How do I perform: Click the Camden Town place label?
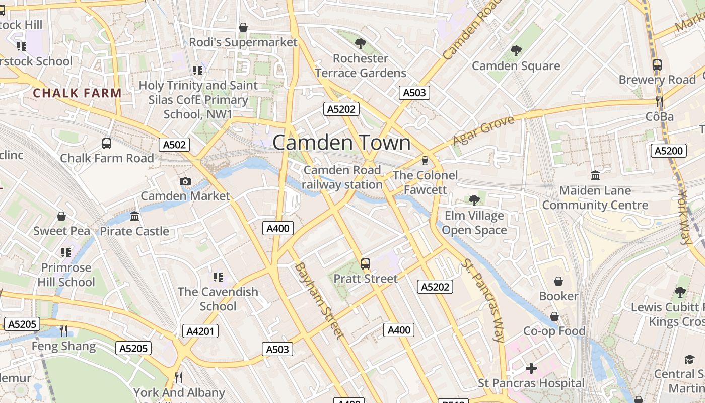pyautogui.click(x=341, y=143)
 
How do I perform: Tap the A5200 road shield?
pyautogui.click(x=669, y=151)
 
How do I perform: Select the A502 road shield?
pyautogui.click(x=175, y=145)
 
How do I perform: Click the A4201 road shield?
pyautogui.click(x=200, y=331)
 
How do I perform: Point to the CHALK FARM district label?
pyautogui.click(x=77, y=93)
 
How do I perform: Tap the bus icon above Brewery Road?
pyautogui.click(x=657, y=64)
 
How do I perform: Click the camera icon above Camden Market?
pyautogui.click(x=185, y=181)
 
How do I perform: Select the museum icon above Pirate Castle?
pyautogui.click(x=134, y=216)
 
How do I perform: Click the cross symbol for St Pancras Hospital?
pyautogui.click(x=531, y=368)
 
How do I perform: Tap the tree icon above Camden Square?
pyautogui.click(x=516, y=50)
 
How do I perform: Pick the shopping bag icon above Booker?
pyautogui.click(x=558, y=281)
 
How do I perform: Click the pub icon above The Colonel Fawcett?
pyautogui.click(x=425, y=160)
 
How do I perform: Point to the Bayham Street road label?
pyautogui.click(x=320, y=300)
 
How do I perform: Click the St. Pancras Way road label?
pyautogui.click(x=484, y=301)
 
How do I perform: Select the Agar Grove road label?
pyautogui.click(x=483, y=130)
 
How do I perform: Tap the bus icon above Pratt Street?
pyautogui.click(x=366, y=263)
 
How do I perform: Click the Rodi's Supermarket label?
pyautogui.click(x=243, y=42)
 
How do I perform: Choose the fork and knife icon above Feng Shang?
pyautogui.click(x=63, y=331)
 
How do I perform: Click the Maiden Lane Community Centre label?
pyautogui.click(x=595, y=198)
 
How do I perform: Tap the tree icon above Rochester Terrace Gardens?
pyautogui.click(x=360, y=43)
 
